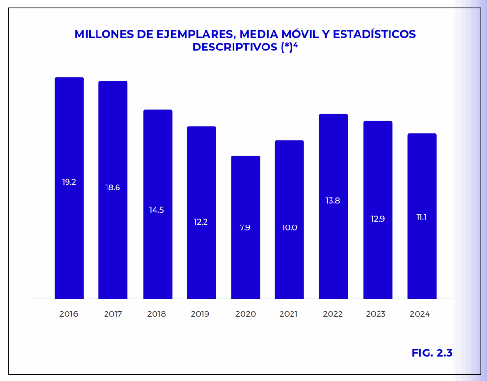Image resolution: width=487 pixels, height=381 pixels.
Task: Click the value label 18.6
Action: [x=113, y=187]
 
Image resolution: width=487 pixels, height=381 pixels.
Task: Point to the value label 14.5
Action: [x=156, y=210]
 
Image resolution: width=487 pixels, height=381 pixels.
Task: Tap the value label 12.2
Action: [x=201, y=222]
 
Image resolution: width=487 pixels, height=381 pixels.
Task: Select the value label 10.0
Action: [x=289, y=227]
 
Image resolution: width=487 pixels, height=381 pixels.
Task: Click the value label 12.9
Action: [x=378, y=219]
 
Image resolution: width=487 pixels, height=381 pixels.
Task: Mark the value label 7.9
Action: [x=245, y=227]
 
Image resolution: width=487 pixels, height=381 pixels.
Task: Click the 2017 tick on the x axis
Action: [x=113, y=314]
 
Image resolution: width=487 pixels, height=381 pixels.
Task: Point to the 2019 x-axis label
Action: [x=200, y=314]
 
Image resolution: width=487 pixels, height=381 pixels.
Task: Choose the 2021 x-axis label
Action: [x=289, y=314]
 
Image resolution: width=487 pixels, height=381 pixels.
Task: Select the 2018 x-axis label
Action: [x=156, y=314]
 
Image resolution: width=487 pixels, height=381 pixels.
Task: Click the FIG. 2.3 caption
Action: [x=432, y=353]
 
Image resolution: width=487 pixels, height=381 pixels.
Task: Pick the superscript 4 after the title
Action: [x=295, y=45]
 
